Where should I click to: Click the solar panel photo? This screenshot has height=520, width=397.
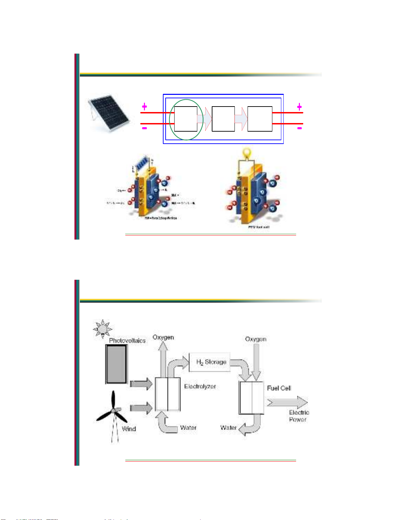(x=108, y=112)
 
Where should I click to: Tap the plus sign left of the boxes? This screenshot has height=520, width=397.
(x=145, y=107)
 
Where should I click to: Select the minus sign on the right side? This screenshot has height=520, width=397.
(x=300, y=128)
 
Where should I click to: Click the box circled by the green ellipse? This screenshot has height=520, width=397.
(x=186, y=119)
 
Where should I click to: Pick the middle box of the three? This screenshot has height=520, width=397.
(x=223, y=119)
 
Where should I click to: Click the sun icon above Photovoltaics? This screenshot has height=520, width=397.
(x=102, y=329)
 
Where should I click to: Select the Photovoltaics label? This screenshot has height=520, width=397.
(x=127, y=341)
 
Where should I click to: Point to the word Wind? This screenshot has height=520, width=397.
(x=129, y=429)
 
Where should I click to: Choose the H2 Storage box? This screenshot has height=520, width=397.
(x=210, y=362)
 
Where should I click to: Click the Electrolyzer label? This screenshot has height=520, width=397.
(x=200, y=387)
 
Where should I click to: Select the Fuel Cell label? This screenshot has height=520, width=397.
(x=279, y=388)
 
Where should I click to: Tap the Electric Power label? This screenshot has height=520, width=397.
(x=299, y=416)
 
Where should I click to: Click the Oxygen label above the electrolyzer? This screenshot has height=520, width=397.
(x=163, y=338)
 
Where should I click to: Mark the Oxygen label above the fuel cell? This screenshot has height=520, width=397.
(x=255, y=339)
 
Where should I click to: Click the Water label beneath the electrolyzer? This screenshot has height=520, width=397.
(x=188, y=428)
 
